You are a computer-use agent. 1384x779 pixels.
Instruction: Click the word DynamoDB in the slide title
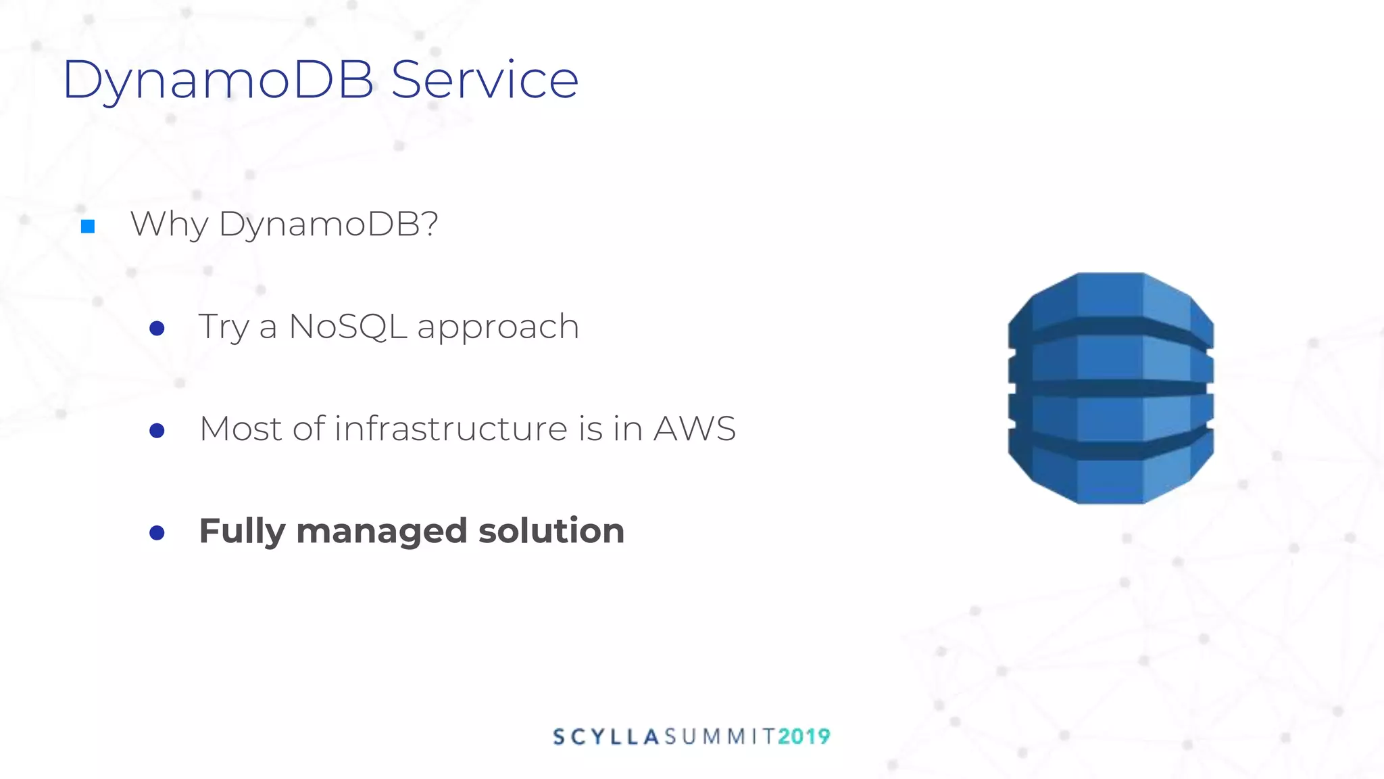coord(218,80)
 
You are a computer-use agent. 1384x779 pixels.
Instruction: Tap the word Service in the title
coord(485,80)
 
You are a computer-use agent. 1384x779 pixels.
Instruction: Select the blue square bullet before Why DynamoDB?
coord(88,227)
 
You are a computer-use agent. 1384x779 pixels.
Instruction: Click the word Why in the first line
coord(169,225)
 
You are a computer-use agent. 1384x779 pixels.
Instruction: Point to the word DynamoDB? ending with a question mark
coord(328,225)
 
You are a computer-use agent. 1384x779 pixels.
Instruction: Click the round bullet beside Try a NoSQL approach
coord(157,329)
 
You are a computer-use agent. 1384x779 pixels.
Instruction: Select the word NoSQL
coord(347,327)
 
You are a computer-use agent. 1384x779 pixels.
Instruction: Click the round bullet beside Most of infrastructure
coord(157,431)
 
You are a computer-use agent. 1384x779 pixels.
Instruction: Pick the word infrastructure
coord(451,429)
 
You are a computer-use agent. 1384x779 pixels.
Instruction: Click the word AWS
coord(694,429)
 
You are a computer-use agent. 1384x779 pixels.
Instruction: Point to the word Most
coord(240,429)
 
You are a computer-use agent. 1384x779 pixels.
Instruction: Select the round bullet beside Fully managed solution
coord(157,533)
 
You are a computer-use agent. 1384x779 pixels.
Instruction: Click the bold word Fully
coord(242,532)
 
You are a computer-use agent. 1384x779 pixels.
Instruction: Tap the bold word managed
coord(381,532)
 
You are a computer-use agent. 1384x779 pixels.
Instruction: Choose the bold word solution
coord(551,530)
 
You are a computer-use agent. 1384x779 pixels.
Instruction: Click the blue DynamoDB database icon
coord(1110,388)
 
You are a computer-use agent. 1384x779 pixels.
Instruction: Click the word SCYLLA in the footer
coord(605,736)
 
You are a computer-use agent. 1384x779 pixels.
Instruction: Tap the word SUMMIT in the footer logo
coord(719,736)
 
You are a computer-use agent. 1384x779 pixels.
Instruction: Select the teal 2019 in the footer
coord(804,736)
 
